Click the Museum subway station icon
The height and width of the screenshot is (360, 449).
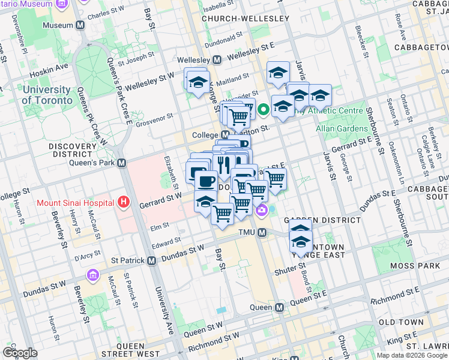(x=80, y=26)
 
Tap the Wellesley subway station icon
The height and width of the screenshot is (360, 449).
(x=217, y=60)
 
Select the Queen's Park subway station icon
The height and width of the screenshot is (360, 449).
(x=121, y=163)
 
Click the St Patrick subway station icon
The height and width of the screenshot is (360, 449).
(x=151, y=261)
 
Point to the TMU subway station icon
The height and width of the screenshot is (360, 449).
(x=262, y=232)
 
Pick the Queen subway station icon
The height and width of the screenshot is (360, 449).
(x=279, y=307)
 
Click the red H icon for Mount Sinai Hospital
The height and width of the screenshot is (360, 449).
(x=124, y=202)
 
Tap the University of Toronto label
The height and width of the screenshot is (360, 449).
(x=46, y=95)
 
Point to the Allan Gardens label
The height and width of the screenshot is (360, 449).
(x=342, y=129)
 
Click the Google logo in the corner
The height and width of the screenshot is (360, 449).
(x=20, y=353)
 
